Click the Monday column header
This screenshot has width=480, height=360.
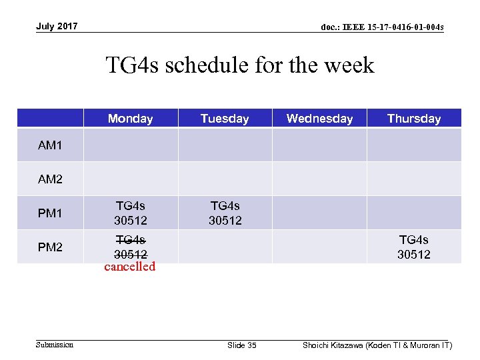130,119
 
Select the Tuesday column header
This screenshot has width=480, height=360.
225,119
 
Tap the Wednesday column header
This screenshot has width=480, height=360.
319,119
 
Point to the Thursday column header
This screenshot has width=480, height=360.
414,119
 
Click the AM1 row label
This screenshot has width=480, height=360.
50,145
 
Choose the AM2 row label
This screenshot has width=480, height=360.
50,179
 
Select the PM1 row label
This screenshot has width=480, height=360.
50,213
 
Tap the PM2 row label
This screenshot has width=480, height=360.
50,247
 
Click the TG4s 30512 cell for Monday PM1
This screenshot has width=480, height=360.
131,213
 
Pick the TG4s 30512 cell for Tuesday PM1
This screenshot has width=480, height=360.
225,213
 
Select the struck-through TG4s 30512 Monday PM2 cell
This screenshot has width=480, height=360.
131,247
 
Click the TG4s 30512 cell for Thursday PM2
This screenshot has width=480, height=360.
414,247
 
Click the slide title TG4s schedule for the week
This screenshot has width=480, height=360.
240,65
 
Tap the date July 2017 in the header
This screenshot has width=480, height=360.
57,27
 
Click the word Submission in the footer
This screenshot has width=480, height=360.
55,345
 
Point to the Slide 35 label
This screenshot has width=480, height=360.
241,345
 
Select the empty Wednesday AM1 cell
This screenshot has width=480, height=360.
319,145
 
